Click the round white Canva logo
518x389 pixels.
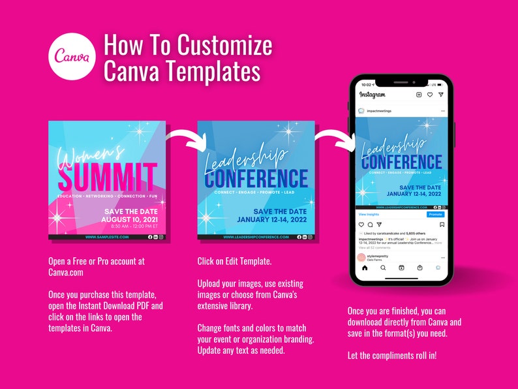point(72,58)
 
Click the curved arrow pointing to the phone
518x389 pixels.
point(333,138)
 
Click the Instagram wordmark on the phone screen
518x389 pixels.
point(373,95)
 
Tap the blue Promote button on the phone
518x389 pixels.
point(435,214)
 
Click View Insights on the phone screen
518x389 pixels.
point(369,214)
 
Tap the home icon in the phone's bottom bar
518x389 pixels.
point(365,268)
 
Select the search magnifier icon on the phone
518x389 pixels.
point(383,268)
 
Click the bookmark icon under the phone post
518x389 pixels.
point(442,225)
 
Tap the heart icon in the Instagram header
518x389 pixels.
point(429,95)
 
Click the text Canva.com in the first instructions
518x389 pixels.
point(65,272)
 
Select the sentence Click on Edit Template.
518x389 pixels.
point(234,261)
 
